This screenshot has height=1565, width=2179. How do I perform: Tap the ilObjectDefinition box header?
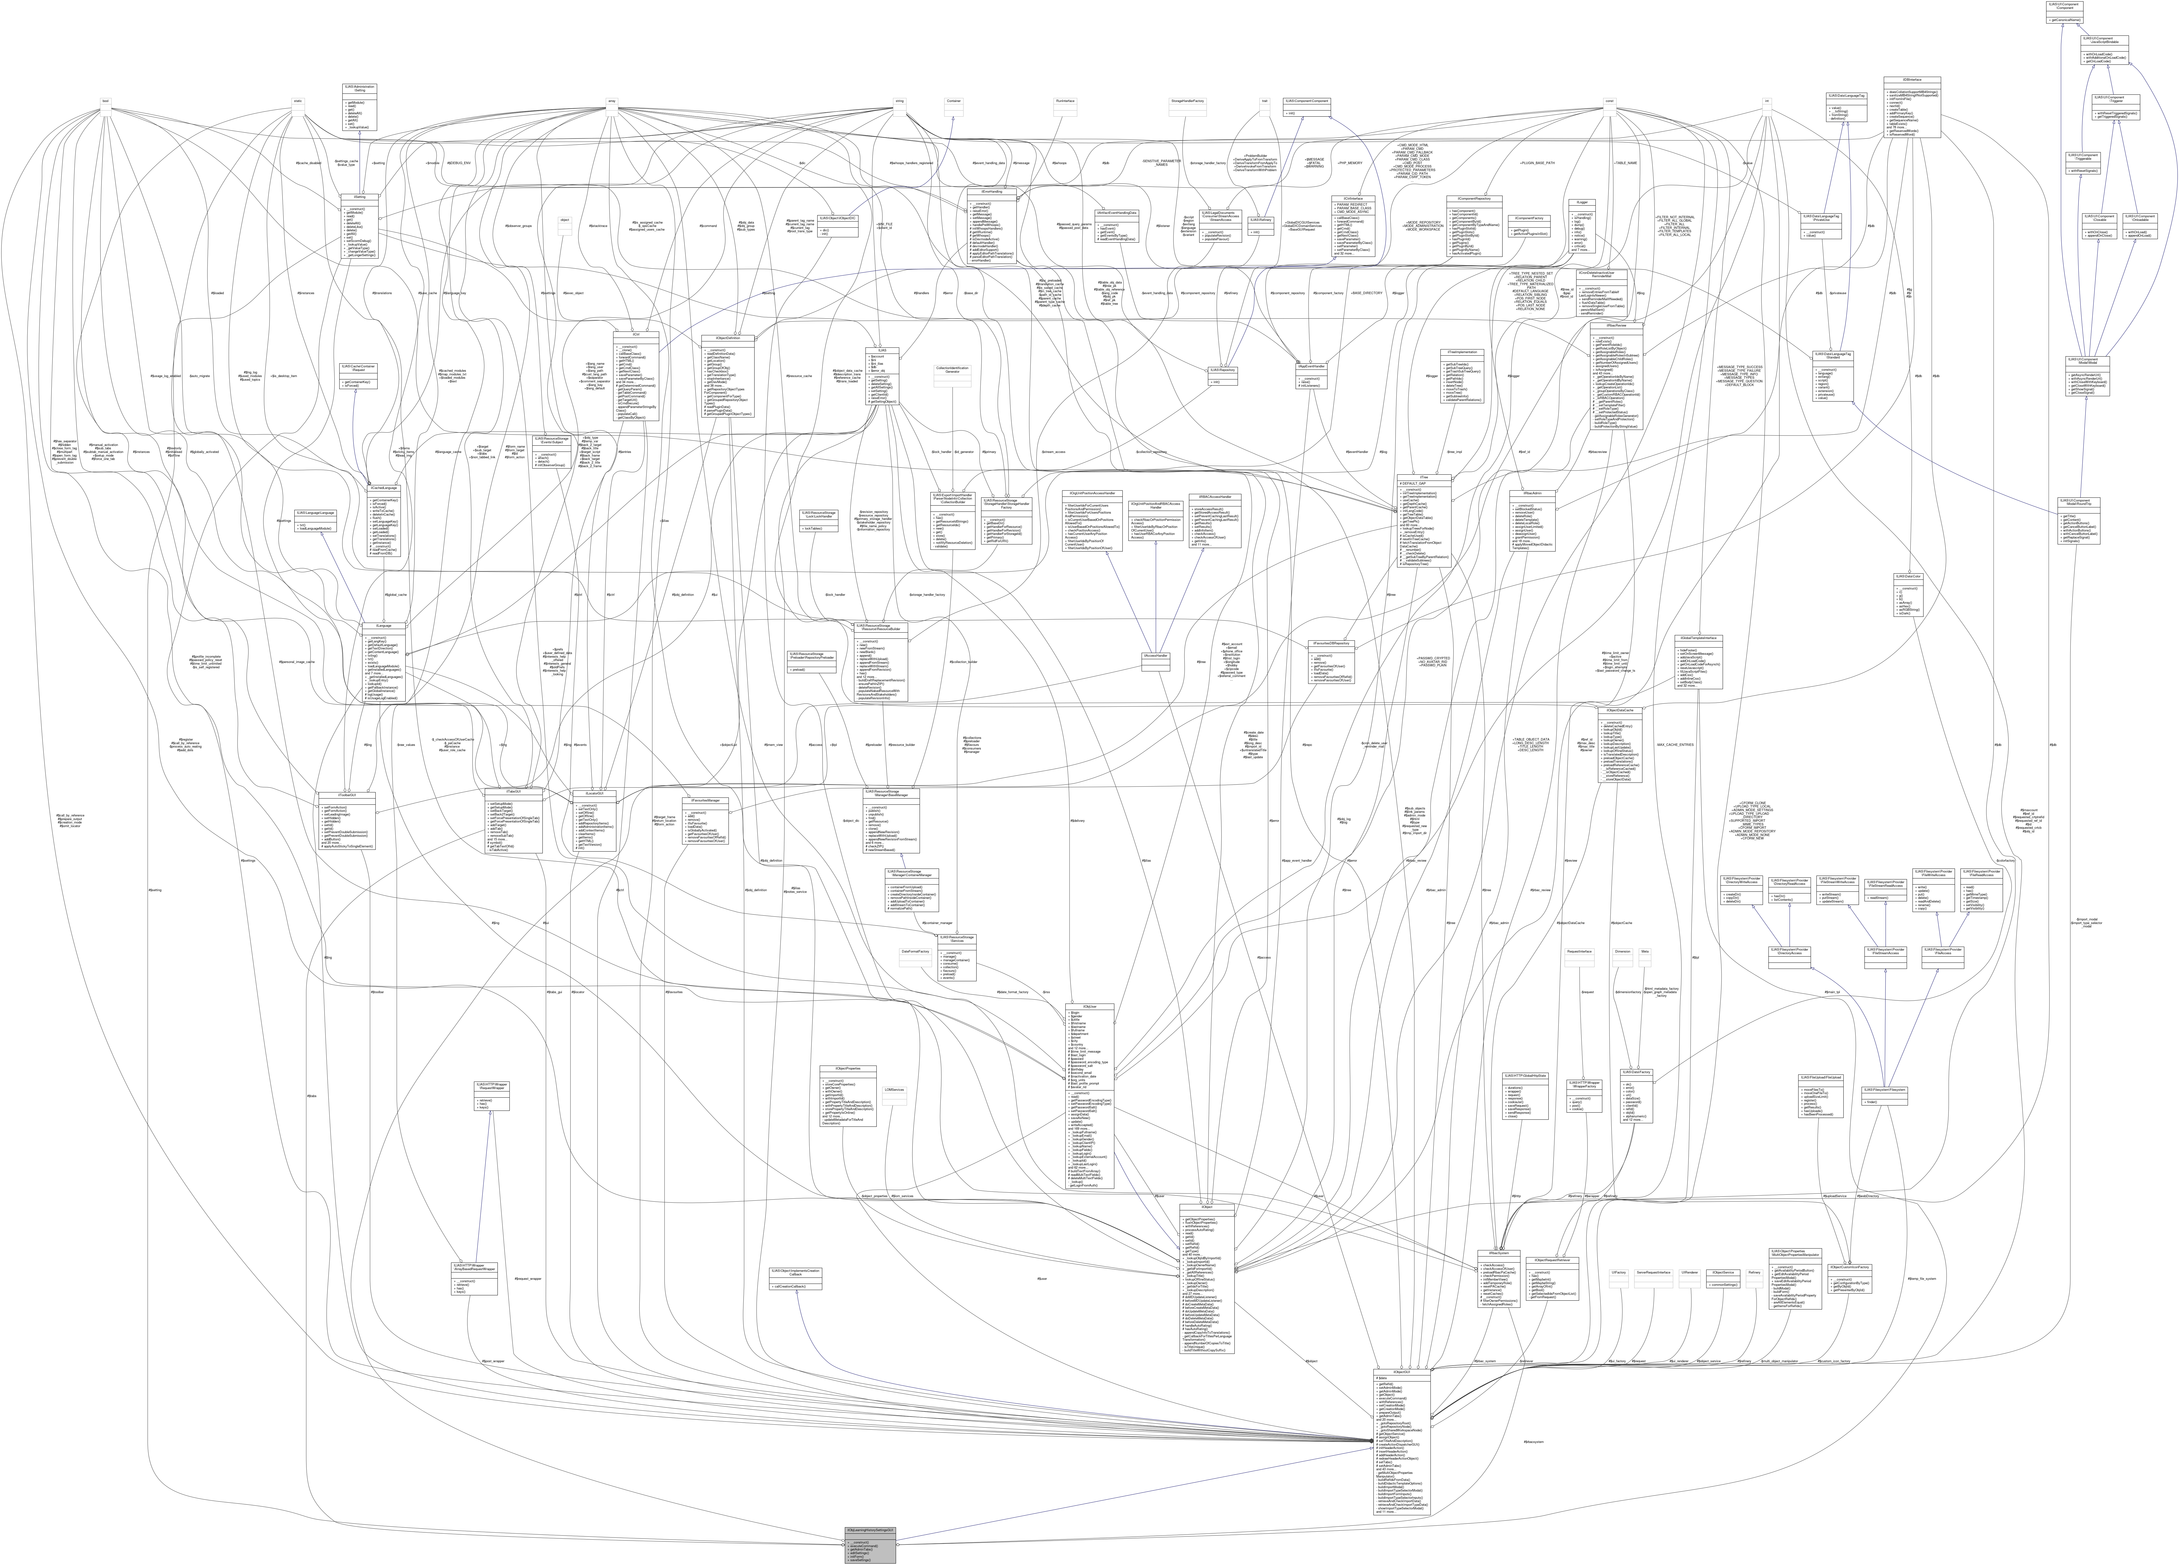pyautogui.click(x=727, y=337)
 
